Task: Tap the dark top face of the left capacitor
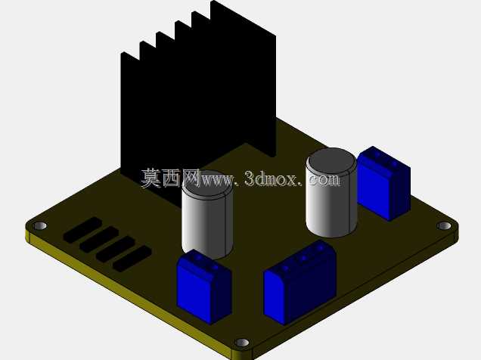tap(208, 185)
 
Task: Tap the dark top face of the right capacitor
tap(331, 162)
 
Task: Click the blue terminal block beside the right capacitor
tap(383, 183)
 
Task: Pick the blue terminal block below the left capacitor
tap(203, 287)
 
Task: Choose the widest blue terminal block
tap(299, 282)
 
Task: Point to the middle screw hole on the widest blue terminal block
tap(303, 259)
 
